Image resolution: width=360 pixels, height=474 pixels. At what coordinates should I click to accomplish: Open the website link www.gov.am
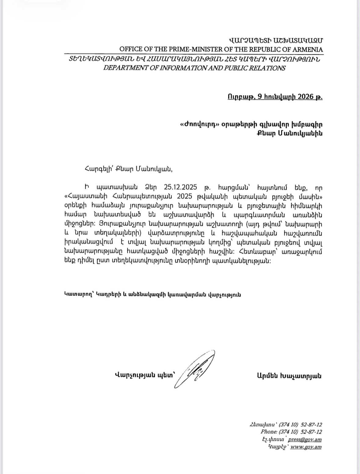coord(306,447)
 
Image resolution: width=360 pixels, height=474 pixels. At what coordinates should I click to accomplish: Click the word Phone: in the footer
coord(269,432)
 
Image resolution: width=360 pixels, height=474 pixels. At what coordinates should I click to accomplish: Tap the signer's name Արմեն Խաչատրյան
coord(289,376)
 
